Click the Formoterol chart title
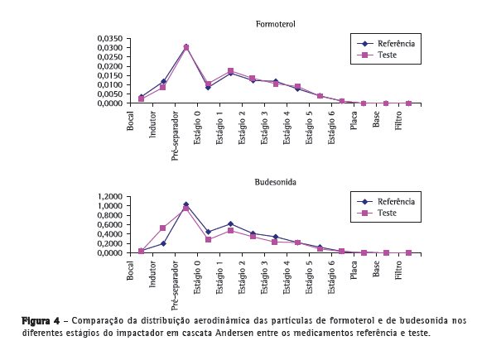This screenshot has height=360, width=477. [275, 24]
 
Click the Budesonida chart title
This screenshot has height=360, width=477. [275, 182]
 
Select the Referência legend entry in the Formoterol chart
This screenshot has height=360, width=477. [386, 44]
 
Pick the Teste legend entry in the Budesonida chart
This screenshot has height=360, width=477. [377, 213]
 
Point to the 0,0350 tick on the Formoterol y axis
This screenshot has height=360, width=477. [110, 39]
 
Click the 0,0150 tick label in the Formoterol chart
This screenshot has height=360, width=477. [110, 75]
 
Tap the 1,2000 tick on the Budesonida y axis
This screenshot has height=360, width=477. [110, 197]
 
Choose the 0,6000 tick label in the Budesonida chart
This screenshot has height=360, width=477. [110, 225]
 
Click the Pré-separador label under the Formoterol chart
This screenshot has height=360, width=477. [175, 136]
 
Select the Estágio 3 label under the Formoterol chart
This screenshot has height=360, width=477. [264, 127]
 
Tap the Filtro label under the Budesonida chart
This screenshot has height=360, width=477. [398, 270]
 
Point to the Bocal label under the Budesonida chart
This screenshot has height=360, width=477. [130, 271]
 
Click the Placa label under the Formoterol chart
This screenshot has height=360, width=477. [354, 120]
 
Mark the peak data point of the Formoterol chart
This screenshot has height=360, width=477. [186, 47]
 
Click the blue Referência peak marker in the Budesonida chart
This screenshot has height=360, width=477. [186, 204]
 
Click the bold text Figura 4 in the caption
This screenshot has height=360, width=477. [41, 321]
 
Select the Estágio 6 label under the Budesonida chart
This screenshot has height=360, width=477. [331, 277]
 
